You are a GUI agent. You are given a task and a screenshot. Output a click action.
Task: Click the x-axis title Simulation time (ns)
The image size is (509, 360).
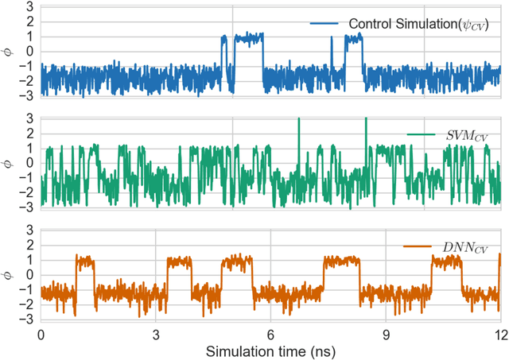[x=270, y=351]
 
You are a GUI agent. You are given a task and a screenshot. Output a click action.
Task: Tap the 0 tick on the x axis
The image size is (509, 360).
[x=41, y=335]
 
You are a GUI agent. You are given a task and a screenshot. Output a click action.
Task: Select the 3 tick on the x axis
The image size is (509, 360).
[x=156, y=335]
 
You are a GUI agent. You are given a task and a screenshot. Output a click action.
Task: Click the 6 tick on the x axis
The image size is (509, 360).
[x=270, y=335]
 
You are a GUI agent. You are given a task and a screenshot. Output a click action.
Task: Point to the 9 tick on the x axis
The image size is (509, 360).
[x=386, y=335]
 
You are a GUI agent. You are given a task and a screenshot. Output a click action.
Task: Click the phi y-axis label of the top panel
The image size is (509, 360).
[x=8, y=52]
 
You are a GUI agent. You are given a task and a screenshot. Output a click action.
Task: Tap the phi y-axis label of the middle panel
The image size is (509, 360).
[x=8, y=164]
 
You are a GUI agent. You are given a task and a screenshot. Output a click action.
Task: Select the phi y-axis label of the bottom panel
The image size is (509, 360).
[x=8, y=275]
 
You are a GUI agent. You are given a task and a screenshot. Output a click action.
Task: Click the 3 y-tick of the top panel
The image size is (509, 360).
[x=29, y=7]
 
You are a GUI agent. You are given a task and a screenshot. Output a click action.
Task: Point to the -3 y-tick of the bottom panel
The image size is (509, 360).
[x=27, y=320]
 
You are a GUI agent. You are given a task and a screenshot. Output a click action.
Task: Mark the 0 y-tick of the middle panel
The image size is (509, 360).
[x=29, y=164]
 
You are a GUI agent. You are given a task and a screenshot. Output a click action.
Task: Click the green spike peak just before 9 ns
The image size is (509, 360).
[x=366, y=119]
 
